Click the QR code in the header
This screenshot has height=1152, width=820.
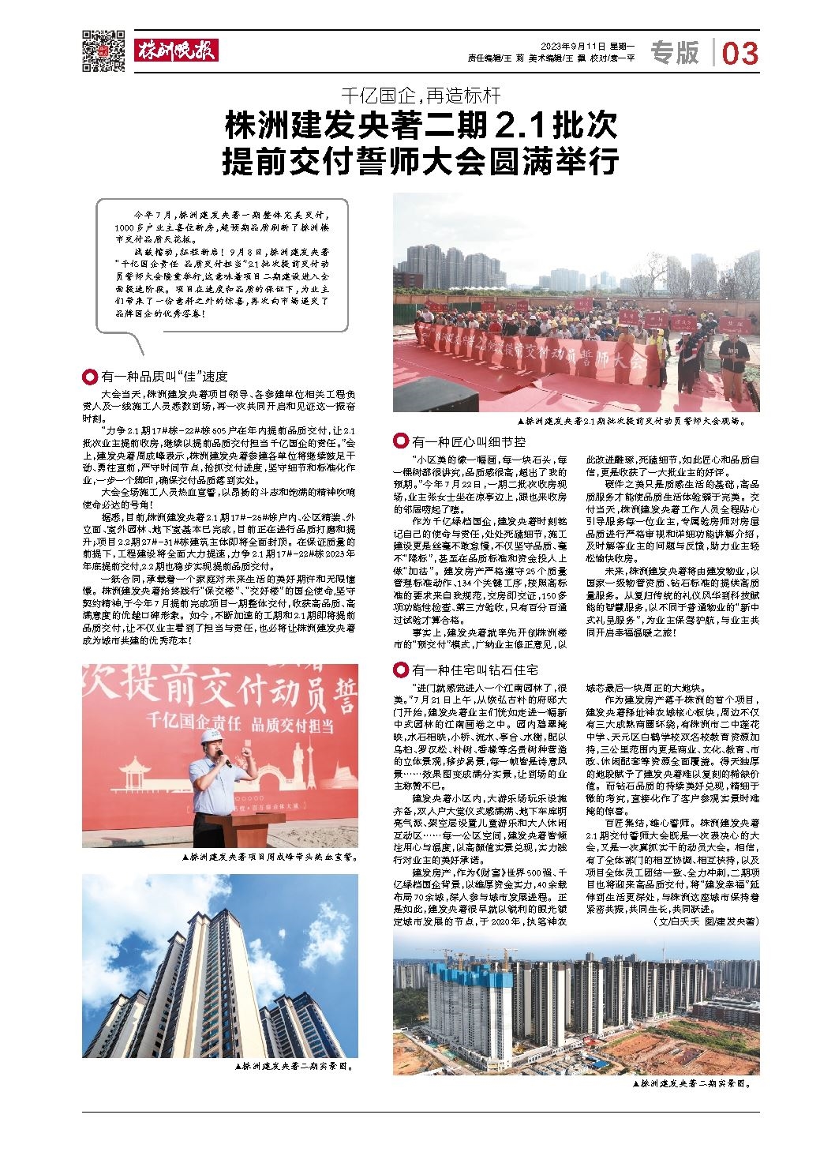click(103, 51)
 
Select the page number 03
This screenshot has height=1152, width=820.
click(739, 54)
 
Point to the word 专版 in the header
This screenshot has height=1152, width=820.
click(675, 53)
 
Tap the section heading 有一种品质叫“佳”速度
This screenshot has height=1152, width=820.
click(164, 377)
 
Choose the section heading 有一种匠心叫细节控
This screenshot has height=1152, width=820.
click(468, 441)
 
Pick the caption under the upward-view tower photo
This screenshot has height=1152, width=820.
click(294, 1065)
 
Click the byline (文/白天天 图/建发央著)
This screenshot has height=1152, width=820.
click(706, 921)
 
